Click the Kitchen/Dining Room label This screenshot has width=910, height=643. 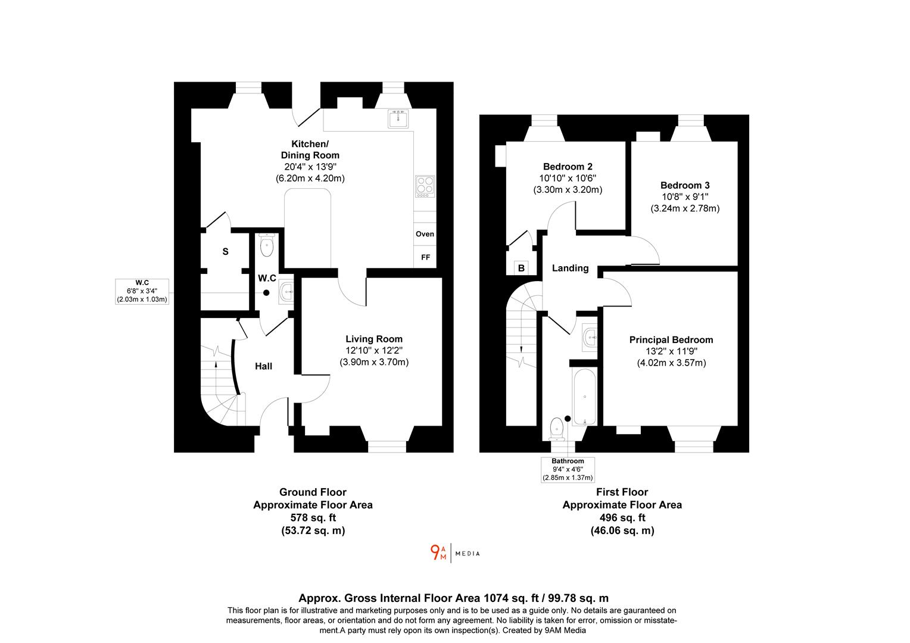tap(309, 149)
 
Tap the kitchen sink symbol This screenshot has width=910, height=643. tap(398, 119)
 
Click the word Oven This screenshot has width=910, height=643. tap(425, 234)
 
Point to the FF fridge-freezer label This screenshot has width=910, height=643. tap(425, 258)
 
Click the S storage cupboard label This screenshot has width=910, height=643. tap(225, 252)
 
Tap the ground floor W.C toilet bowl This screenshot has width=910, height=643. tap(266, 246)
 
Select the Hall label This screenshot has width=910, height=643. tap(264, 366)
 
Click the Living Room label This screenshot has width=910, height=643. tap(374, 339)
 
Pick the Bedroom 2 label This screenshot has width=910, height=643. tap(568, 167)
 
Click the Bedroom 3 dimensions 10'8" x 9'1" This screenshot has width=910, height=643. tap(684, 196)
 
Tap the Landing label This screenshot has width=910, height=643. tap(570, 268)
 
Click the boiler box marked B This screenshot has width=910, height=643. tap(521, 268)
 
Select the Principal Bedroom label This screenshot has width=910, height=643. tap(671, 340)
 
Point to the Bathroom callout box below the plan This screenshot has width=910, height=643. tap(568, 469)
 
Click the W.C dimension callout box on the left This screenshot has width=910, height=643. tap(142, 291)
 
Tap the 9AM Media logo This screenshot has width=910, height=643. tap(454, 553)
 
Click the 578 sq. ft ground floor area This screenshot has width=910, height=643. tap(313, 517)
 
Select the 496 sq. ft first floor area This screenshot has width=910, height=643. tap(622, 517)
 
